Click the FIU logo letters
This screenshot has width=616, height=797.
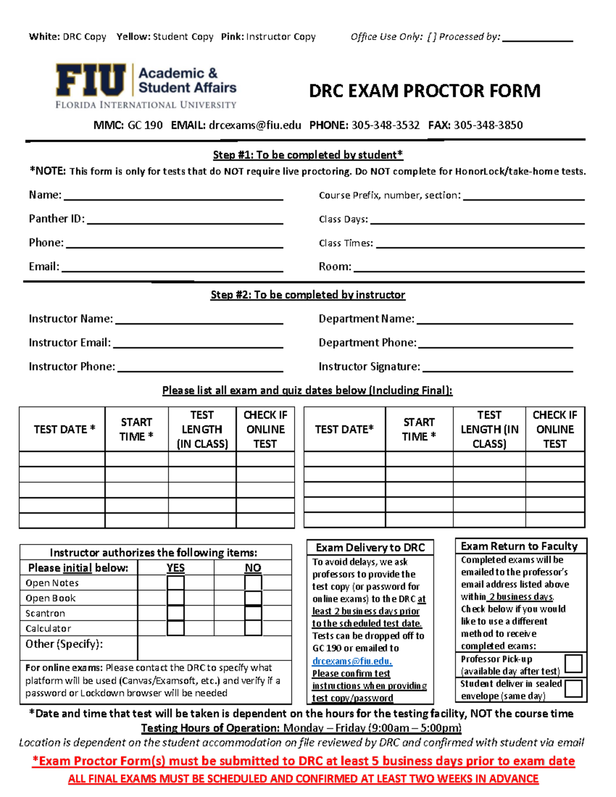pyautogui.click(x=90, y=80)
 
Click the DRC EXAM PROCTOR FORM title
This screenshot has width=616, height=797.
pyautogui.click(x=425, y=91)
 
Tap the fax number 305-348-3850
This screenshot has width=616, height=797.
pyautogui.click(x=488, y=125)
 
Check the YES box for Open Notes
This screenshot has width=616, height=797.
pyautogui.click(x=176, y=583)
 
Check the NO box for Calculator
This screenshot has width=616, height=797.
pyautogui.click(x=253, y=628)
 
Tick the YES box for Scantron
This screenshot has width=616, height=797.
pyautogui.click(x=176, y=613)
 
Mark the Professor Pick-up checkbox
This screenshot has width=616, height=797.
pyautogui.click(x=573, y=664)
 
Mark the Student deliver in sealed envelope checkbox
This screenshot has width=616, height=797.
pyautogui.click(x=573, y=689)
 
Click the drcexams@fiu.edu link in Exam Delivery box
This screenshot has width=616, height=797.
pyautogui.click(x=352, y=661)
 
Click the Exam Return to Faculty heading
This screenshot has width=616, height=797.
pyautogui.click(x=519, y=546)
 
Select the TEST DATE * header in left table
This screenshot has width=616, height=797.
pyautogui.click(x=64, y=430)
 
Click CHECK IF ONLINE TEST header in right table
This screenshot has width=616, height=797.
pyautogui.click(x=554, y=430)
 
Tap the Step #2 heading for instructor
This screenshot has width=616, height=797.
pyautogui.click(x=307, y=295)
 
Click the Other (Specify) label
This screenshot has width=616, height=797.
pyautogui.click(x=64, y=644)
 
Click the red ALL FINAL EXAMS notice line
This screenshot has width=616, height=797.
pyautogui.click(x=303, y=779)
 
